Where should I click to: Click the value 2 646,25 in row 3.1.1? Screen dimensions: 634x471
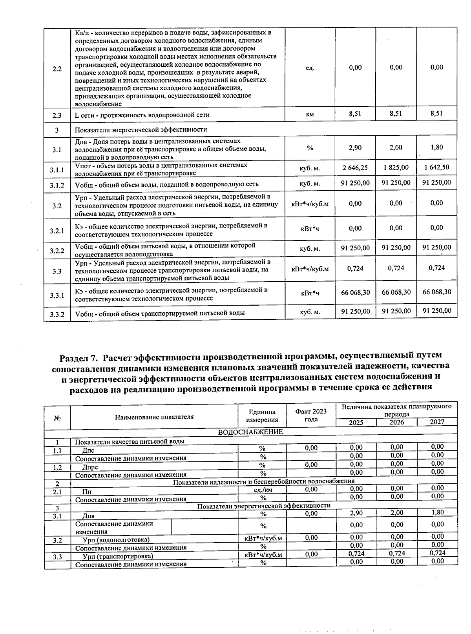355,168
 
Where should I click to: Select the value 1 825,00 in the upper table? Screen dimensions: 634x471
396,168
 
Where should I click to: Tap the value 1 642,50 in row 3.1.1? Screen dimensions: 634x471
436,168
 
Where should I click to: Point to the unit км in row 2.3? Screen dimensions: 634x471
310,115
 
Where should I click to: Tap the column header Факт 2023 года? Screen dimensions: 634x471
311,415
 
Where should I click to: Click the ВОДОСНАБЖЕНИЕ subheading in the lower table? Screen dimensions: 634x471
250,432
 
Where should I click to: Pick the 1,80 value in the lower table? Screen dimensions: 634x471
437,512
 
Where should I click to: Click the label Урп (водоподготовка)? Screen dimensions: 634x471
116,540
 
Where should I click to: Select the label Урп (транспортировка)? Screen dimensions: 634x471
117,556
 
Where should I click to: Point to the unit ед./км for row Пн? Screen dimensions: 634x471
263,490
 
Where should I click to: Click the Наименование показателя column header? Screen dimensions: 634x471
154,417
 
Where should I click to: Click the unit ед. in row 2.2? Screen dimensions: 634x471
310,68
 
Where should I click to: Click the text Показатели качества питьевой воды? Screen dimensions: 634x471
130,441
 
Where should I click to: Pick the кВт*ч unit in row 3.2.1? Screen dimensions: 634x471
310,229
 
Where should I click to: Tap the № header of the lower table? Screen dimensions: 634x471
57,418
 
